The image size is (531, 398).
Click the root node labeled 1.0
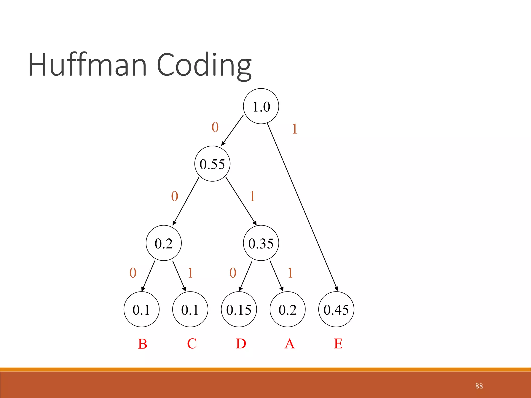coord(261,106)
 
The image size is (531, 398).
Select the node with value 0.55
coord(212,164)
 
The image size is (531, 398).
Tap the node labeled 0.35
coord(261,243)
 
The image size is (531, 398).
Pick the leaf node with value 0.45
coord(336,309)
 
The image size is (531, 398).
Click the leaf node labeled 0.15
coord(239,309)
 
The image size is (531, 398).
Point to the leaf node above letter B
coord(141,309)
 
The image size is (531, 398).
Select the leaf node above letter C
coord(190,309)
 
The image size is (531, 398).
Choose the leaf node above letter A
coord(287,309)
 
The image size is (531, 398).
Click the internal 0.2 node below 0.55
coord(164,243)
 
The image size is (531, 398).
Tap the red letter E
coord(338,344)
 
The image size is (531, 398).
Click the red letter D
coord(241,344)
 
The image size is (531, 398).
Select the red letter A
coord(290,344)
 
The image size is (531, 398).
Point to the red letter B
coord(143,344)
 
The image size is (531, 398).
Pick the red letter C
coord(192,344)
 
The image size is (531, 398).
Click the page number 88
coord(479,386)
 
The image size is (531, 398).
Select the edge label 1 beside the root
coord(295,129)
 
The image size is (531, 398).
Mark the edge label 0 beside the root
coord(215,127)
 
